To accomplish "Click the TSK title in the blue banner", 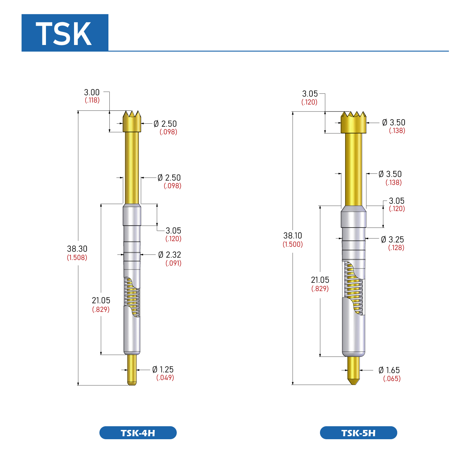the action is (63, 33).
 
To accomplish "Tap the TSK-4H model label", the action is (138, 433).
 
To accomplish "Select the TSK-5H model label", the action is (358, 433).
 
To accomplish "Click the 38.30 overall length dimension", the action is (77, 249).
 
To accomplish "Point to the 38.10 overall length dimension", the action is (293, 235).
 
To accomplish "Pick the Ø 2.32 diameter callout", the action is (170, 255).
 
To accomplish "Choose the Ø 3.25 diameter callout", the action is (392, 239).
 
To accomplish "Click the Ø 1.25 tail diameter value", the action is (163, 369).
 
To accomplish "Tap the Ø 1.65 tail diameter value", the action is (389, 370).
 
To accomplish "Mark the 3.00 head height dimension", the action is (92, 92).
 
